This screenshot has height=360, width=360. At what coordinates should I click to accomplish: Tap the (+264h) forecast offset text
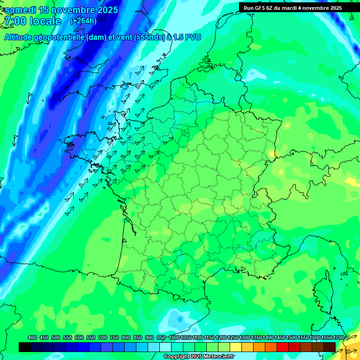click(x=83, y=21)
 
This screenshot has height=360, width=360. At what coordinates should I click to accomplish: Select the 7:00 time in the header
click(x=15, y=22)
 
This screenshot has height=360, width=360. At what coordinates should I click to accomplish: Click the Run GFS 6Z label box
click(x=292, y=8)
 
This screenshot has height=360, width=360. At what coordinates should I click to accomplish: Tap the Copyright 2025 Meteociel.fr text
click(x=199, y=357)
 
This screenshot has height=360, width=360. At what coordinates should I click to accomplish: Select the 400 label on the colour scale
click(x=32, y=338)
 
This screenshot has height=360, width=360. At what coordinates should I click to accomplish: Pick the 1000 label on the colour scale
click(x=174, y=338)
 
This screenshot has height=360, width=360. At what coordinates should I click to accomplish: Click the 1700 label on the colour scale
click(x=338, y=338)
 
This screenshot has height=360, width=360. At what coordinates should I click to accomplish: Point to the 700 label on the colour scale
click(x=103, y=338)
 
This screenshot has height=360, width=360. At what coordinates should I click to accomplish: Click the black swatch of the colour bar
click(x=25, y=347)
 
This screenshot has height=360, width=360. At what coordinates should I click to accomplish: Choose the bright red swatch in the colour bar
click(x=283, y=347)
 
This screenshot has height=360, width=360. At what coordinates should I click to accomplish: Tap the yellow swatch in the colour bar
click(x=236, y=347)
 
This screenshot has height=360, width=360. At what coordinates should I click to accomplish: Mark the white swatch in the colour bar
click(x=165, y=347)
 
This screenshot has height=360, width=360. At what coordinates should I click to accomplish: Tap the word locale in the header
click(x=45, y=22)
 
